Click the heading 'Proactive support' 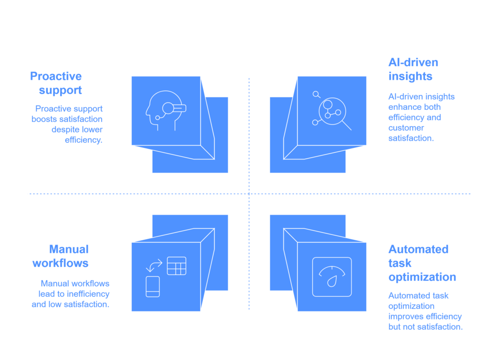pos(56,83)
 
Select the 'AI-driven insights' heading pos(413,70)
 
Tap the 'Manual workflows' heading pos(61,256)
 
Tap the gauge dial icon pos(332,277)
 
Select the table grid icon pos(177,266)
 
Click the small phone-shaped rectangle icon pos(153,286)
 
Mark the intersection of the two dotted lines pos(249,194)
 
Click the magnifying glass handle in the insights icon pos(346,125)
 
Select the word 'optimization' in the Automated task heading pos(422,277)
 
